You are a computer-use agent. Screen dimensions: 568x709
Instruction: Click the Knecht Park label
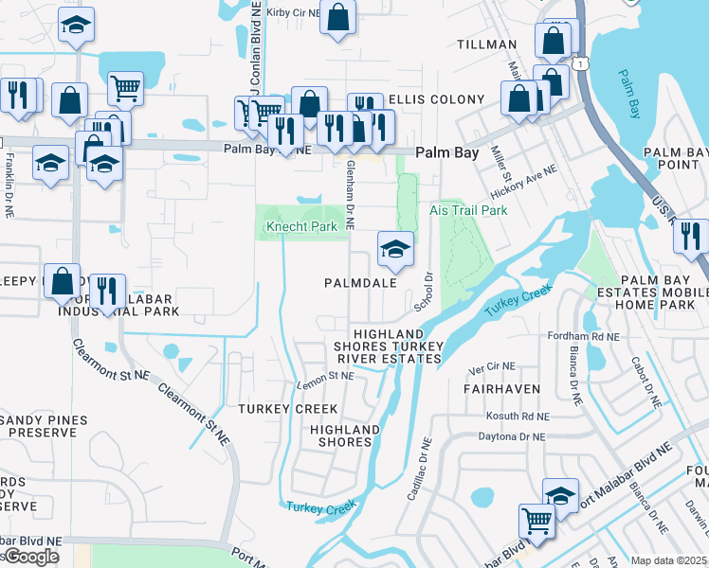(300, 227)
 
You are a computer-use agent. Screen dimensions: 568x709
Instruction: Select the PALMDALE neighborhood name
(358, 283)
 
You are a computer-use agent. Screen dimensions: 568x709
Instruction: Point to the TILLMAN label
(487, 44)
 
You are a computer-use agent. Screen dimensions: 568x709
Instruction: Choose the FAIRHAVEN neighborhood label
(501, 389)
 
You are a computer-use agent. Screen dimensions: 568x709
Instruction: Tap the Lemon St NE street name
(325, 376)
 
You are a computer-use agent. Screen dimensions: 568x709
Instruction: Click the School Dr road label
(423, 293)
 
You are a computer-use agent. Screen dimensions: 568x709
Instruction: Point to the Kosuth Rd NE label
(517, 417)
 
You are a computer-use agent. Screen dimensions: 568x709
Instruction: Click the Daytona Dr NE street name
(511, 436)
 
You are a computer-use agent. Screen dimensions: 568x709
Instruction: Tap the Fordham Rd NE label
(584, 336)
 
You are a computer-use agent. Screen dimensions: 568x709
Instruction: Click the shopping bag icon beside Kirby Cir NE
(337, 17)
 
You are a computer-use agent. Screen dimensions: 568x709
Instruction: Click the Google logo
(30, 557)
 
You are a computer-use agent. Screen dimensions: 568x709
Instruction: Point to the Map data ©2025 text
(669, 560)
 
